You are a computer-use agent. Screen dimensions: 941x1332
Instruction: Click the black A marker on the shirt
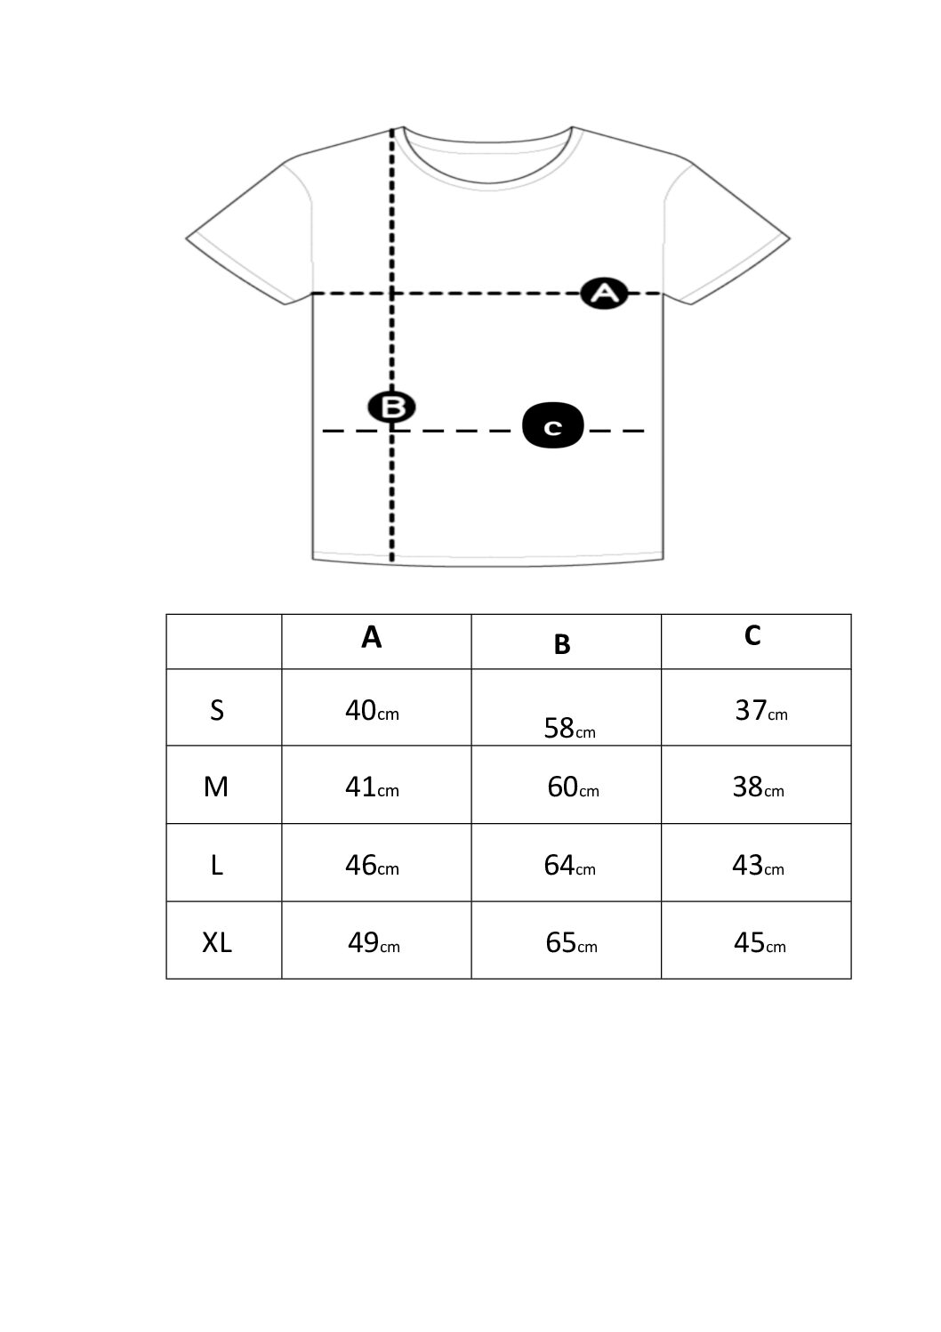(604, 293)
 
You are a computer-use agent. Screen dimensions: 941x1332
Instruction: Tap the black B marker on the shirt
(391, 408)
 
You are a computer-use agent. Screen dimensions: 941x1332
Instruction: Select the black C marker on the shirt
(553, 425)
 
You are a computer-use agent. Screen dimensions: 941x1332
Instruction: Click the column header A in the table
(372, 637)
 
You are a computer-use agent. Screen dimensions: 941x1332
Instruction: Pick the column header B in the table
(562, 644)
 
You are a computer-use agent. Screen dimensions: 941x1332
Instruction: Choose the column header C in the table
(752, 635)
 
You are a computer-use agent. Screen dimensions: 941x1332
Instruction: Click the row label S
(217, 711)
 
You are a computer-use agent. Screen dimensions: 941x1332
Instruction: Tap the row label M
(216, 787)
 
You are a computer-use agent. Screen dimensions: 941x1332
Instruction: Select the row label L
(217, 866)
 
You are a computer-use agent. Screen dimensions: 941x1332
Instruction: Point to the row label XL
(217, 942)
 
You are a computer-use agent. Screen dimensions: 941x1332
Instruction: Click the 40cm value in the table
(372, 711)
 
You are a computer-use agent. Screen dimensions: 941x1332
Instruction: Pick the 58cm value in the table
(569, 729)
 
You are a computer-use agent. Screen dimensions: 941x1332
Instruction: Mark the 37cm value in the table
(761, 711)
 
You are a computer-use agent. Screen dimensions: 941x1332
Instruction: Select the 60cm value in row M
(573, 787)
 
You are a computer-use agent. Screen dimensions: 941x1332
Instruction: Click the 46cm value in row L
(372, 866)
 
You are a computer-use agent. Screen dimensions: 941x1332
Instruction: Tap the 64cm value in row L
(569, 866)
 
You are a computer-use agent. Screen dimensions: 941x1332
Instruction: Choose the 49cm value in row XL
(374, 942)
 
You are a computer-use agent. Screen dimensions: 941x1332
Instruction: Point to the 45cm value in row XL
(760, 942)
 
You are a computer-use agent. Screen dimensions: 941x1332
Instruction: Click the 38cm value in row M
(759, 787)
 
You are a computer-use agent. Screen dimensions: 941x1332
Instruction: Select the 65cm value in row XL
(571, 942)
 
